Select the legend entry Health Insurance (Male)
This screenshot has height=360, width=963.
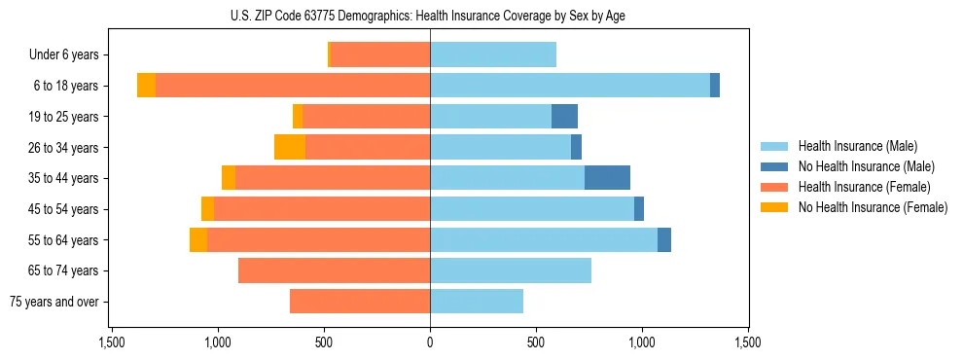pyautogui.click(x=857, y=146)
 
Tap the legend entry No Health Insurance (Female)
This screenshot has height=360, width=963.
pyautogui.click(x=873, y=207)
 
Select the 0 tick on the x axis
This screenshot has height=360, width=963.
pyautogui.click(x=430, y=342)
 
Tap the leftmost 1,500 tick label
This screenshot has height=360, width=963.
pyautogui.click(x=111, y=342)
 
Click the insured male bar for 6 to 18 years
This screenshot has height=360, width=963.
pyautogui.click(x=569, y=86)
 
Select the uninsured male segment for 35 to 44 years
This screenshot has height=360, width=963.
pyautogui.click(x=607, y=178)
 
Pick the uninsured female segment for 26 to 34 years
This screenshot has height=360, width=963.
pyautogui.click(x=290, y=147)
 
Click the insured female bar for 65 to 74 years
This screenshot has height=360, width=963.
pyautogui.click(x=334, y=270)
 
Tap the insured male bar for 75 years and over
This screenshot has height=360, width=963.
pyautogui.click(x=477, y=302)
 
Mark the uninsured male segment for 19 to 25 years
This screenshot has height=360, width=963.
pyautogui.click(x=564, y=117)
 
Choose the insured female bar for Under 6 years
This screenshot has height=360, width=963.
pyautogui.click(x=380, y=55)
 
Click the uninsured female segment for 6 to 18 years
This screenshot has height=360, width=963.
pyautogui.click(x=146, y=86)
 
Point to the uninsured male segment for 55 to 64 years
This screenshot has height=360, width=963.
pyautogui.click(x=664, y=239)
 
